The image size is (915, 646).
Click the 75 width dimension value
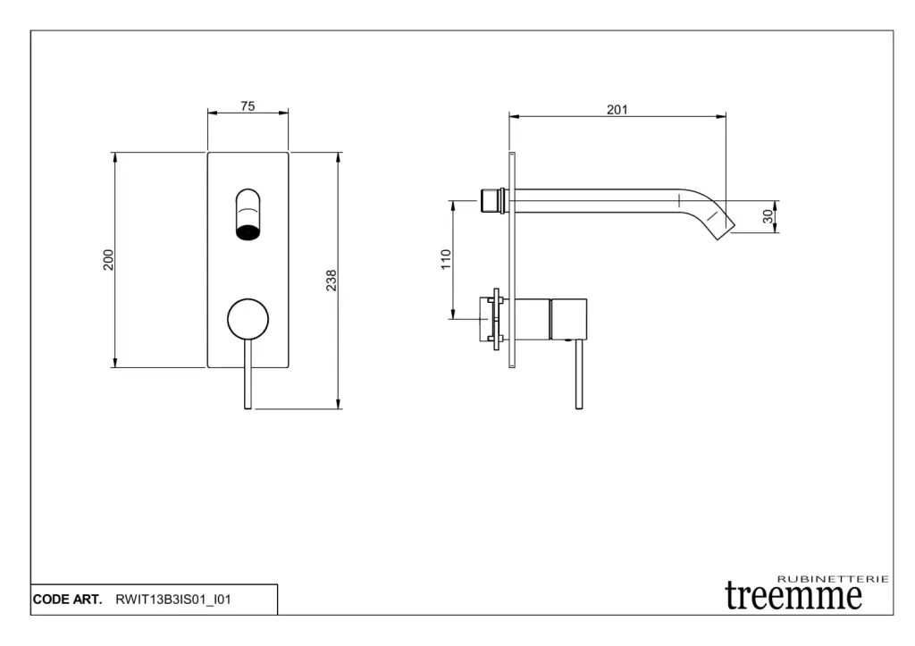click(x=248, y=106)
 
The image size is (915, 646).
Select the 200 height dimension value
click(x=108, y=260)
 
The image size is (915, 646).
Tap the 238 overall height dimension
click(x=331, y=281)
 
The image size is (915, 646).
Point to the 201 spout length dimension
click(x=617, y=110)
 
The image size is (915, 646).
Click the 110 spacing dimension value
click(x=446, y=259)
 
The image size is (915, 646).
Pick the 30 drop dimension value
click(x=768, y=216)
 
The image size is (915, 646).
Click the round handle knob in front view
click(x=248, y=319)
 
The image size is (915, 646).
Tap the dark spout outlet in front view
click(x=248, y=231)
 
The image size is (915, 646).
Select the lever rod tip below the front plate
click(x=248, y=407)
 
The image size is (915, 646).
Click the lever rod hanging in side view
click(x=579, y=374)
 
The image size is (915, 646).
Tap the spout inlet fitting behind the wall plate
click(x=492, y=201)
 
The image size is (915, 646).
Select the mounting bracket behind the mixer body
click(x=497, y=319)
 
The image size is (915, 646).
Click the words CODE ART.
click(x=67, y=600)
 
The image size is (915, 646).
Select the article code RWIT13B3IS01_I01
click(x=173, y=600)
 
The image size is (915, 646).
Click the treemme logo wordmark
click(x=793, y=596)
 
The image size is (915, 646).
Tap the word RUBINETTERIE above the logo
click(x=834, y=579)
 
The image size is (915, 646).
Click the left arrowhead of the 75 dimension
click(x=213, y=113)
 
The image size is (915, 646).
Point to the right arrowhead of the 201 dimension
click(x=721, y=116)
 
